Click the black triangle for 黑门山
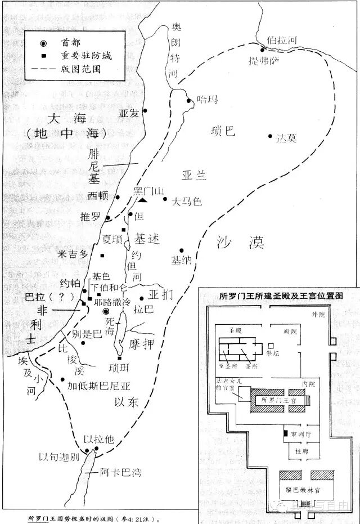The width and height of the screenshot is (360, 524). pyautogui.click(x=143, y=200)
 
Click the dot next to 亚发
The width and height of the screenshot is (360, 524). pyautogui.click(x=145, y=111)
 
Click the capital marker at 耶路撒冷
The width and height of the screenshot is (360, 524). pyautogui.click(x=105, y=311)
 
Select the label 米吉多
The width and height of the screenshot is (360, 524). pyautogui.click(x=73, y=254)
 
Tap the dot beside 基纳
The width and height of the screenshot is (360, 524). pyautogui.click(x=181, y=250)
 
